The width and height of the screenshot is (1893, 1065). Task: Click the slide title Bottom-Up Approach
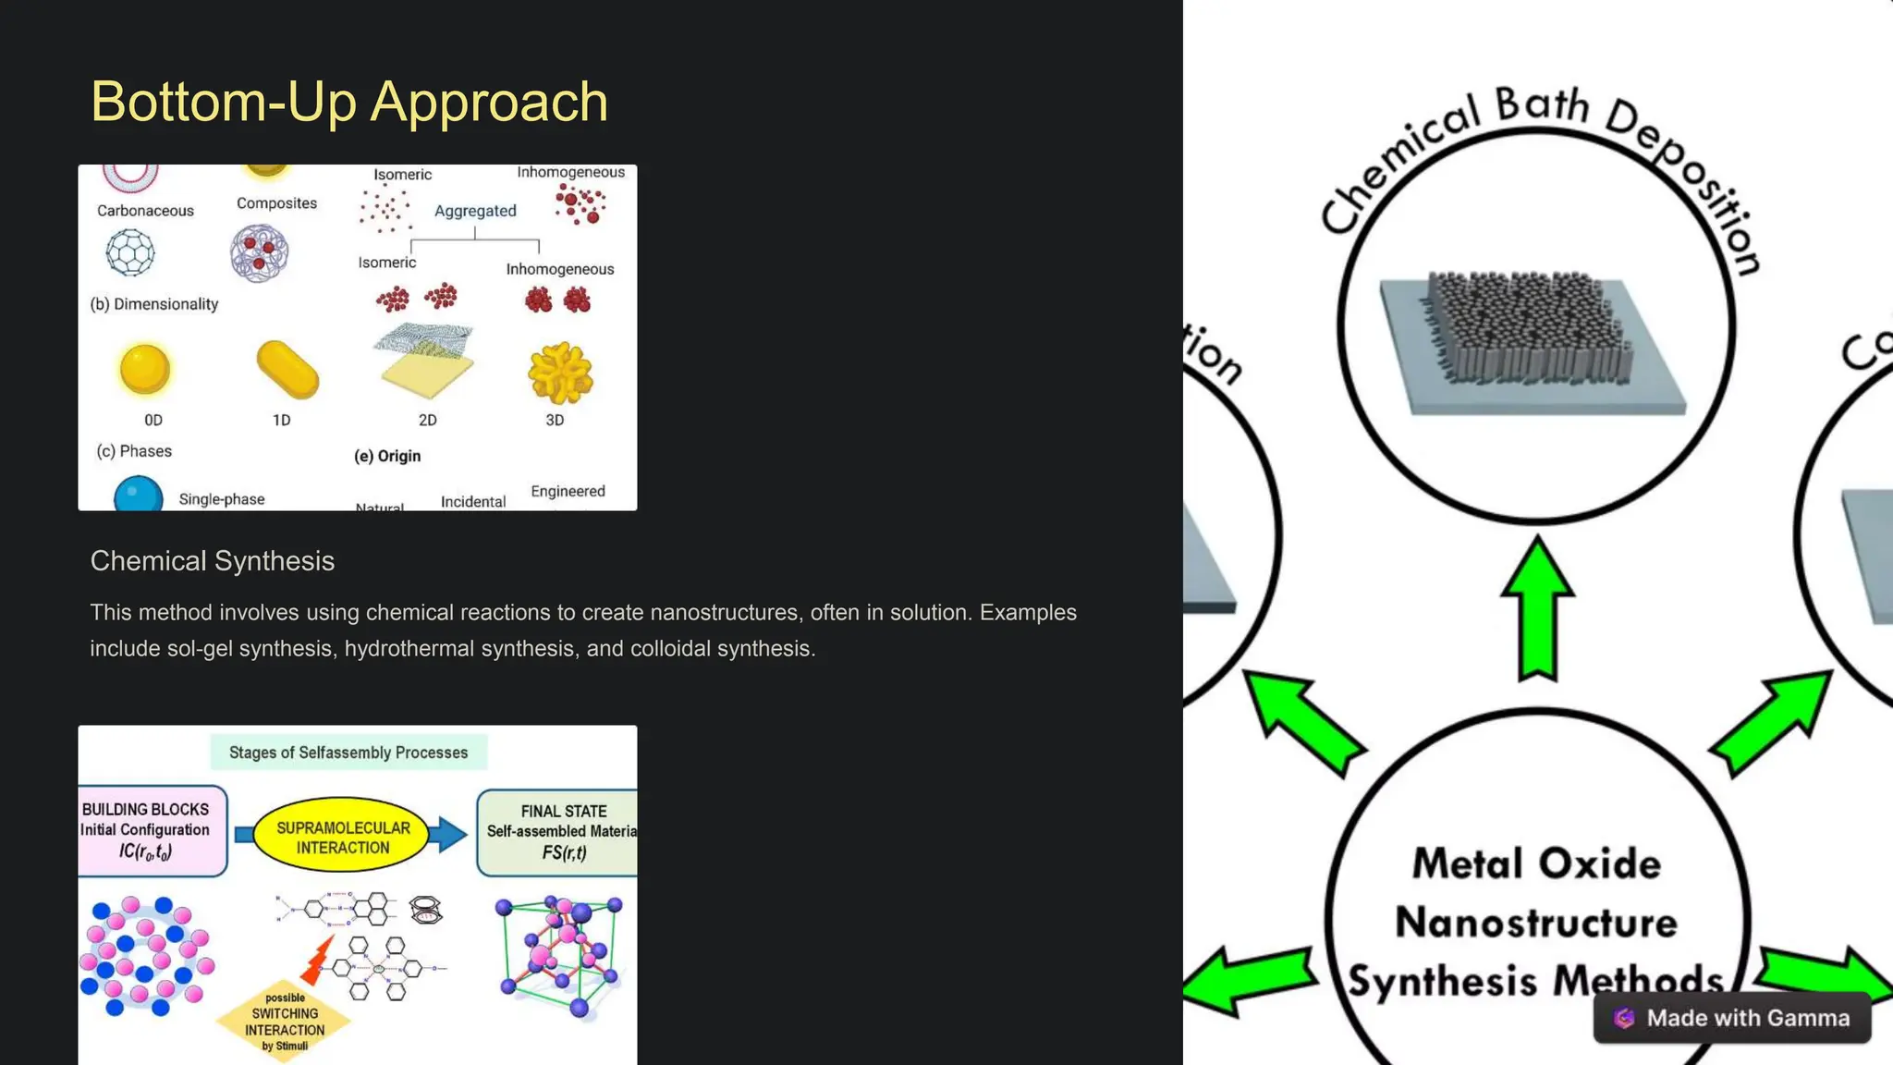[349, 102]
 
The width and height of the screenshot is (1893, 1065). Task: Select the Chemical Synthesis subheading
[212, 561]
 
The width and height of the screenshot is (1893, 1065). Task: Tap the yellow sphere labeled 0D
[144, 368]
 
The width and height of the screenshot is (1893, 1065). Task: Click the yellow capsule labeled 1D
[287, 370]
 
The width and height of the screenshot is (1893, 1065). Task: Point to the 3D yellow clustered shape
[559, 373]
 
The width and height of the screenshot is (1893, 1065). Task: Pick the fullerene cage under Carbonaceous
[130, 251]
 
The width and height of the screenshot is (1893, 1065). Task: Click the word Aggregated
[475, 211]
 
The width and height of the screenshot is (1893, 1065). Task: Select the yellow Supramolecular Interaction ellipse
[343, 837]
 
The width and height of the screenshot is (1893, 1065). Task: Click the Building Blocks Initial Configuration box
[150, 830]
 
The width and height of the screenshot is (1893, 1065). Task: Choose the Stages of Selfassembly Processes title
[348, 753]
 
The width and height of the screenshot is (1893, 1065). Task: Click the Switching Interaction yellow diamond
[284, 1022]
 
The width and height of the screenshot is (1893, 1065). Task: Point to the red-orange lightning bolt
[318, 961]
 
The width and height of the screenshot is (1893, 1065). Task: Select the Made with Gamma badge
[1731, 1018]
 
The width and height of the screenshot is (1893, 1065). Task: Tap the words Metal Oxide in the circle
[1536, 863]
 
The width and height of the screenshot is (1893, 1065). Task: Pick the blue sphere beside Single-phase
[138, 495]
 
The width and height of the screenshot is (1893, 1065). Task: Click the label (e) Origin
[387, 456]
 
